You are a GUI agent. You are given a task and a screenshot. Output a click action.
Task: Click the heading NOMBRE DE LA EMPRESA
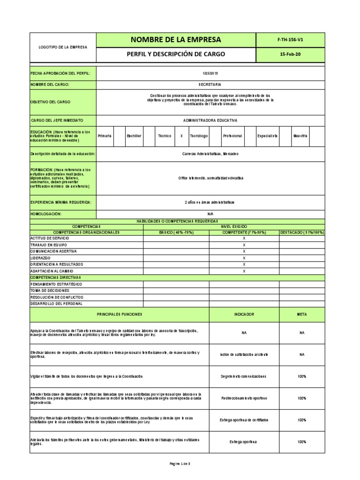point(176,40)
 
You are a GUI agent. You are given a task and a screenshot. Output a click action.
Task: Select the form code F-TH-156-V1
point(290,40)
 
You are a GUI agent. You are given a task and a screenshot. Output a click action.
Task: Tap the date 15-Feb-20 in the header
point(290,54)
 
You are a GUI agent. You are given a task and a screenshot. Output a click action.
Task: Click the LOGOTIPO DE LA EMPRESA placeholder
point(63,47)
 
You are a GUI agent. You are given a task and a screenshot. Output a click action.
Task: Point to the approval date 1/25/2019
point(210,74)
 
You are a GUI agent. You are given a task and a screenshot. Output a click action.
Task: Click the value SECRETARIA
point(210,84)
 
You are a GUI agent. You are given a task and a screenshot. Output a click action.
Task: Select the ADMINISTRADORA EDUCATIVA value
point(210,120)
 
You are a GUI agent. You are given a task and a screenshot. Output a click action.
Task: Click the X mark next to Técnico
point(181,135)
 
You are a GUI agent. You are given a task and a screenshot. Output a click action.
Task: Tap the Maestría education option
point(300,135)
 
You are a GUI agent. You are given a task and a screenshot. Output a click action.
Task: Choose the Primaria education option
point(105,135)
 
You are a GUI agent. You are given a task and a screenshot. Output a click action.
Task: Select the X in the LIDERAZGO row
point(244,258)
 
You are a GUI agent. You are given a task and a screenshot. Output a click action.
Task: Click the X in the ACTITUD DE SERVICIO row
point(244,239)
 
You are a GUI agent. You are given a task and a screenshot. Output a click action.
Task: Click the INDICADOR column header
point(244,315)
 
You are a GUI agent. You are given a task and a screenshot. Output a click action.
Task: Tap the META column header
point(302,315)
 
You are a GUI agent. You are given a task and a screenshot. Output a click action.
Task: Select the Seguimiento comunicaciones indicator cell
point(244,376)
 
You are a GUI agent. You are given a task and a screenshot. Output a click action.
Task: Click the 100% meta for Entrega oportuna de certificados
point(302,420)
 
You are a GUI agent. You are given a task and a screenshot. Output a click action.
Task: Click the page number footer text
point(180,464)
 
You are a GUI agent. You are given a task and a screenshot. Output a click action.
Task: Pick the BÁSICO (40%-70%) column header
point(176,232)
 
